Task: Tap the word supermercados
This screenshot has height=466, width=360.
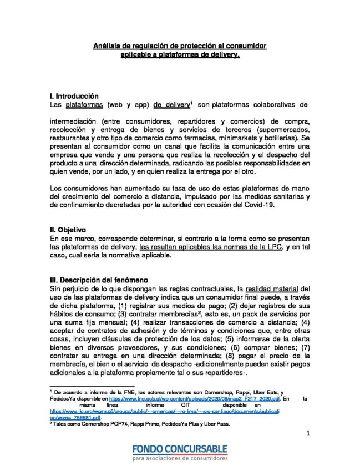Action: [x=267, y=129]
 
